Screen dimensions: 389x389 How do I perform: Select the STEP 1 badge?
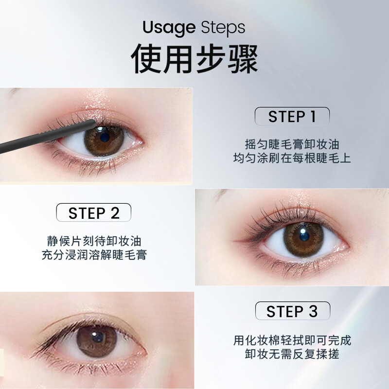point(292,117)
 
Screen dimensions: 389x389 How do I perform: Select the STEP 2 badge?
point(93,213)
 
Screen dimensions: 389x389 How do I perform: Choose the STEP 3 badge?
point(292,311)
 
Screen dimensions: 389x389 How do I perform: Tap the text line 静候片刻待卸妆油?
point(93,241)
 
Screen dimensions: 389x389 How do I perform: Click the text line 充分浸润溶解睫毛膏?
point(93,254)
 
